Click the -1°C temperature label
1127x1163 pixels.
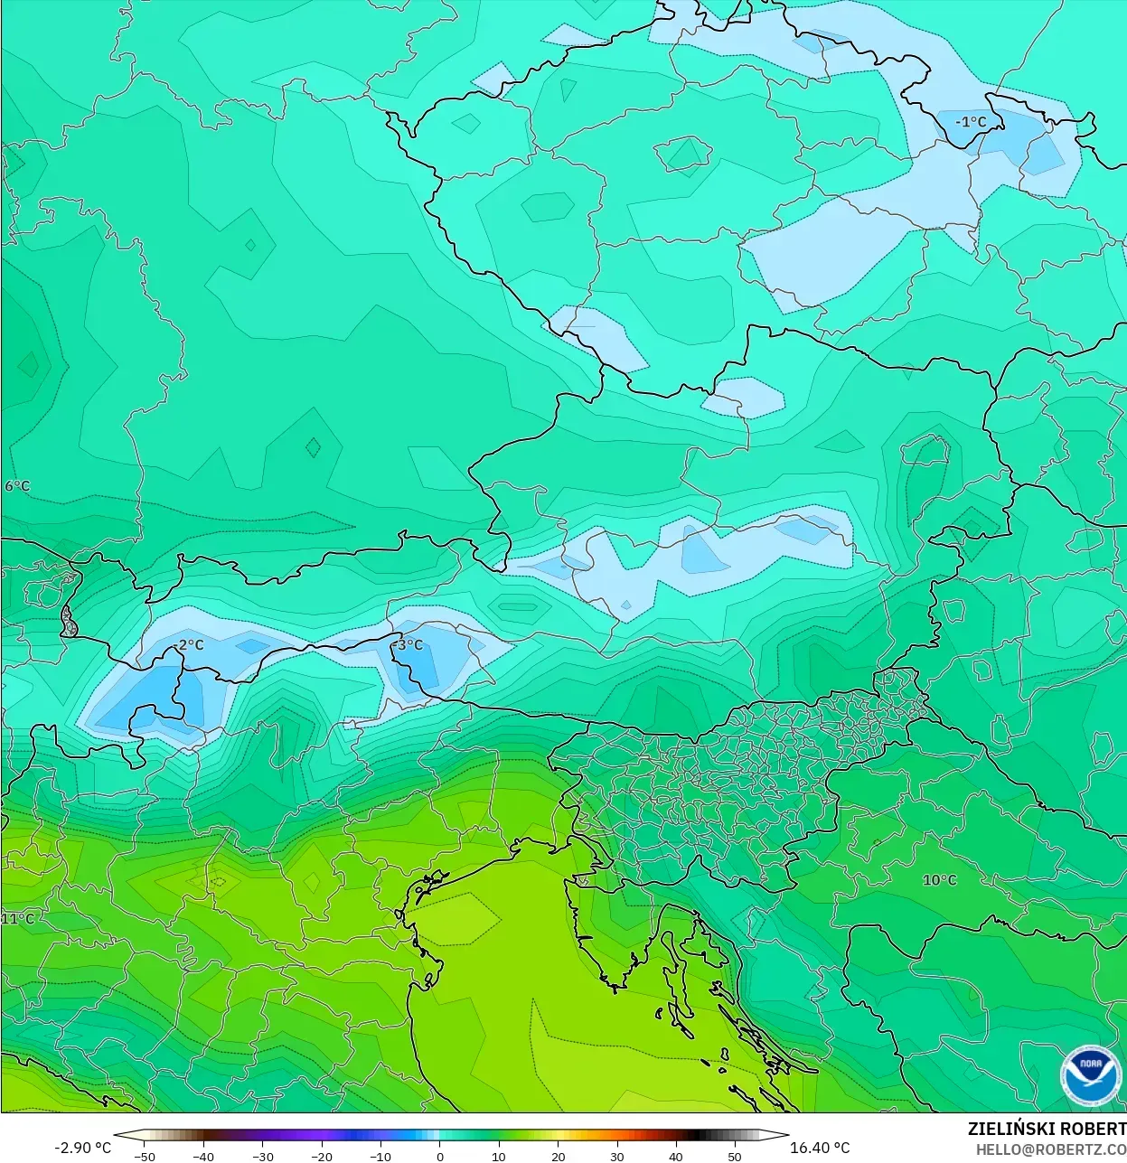971,122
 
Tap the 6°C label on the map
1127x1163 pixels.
17,486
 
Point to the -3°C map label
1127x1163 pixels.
409,645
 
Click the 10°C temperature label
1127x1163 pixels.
939,880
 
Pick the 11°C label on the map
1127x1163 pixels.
17,919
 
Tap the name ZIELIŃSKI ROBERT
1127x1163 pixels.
1047,1129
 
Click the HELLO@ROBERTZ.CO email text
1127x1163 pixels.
1050,1149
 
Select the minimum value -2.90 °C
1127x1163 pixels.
83,1148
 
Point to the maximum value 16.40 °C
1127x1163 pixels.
820,1148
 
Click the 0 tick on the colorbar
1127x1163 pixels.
440,1156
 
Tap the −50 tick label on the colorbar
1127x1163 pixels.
144,1156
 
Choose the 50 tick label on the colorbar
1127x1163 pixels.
735,1156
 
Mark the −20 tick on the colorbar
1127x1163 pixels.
321,1156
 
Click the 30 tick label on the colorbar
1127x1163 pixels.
617,1156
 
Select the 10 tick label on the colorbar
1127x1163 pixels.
499,1156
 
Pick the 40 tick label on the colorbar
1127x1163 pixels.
676,1156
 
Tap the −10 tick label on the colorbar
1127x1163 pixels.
380,1156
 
